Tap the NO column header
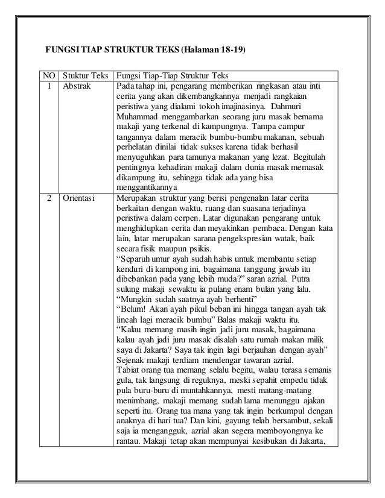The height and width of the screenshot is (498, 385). point(48,76)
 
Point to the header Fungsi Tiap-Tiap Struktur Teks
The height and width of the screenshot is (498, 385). point(172,76)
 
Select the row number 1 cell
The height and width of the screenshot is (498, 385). point(48,86)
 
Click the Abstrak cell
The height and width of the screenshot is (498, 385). point(76,86)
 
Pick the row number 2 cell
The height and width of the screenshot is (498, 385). point(48,197)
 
